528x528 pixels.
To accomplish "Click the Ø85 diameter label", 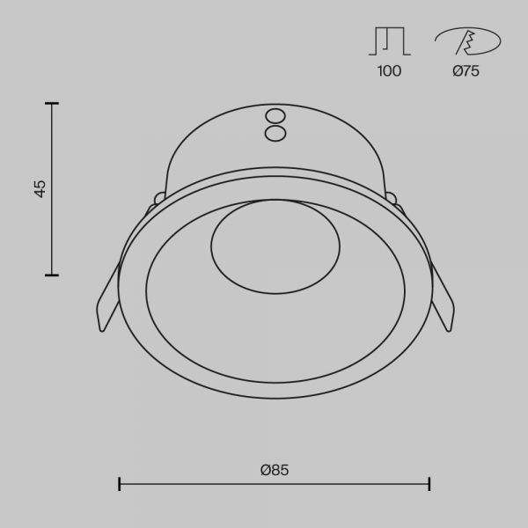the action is pos(275,470).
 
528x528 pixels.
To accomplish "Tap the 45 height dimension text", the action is pos(40,189).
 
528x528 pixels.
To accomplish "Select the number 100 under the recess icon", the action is pos(389,71).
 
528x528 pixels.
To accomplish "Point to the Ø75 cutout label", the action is pos(466,71).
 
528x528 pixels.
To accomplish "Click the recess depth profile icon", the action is pos(390,41).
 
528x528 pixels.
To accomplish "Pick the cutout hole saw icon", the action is pos(468,41).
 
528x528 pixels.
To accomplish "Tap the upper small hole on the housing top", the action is pos(275,116).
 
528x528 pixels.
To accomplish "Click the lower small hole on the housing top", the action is pos(275,134).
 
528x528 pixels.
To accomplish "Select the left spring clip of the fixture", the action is pos(108,297).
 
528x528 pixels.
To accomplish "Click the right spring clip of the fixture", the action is pos(443,297).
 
